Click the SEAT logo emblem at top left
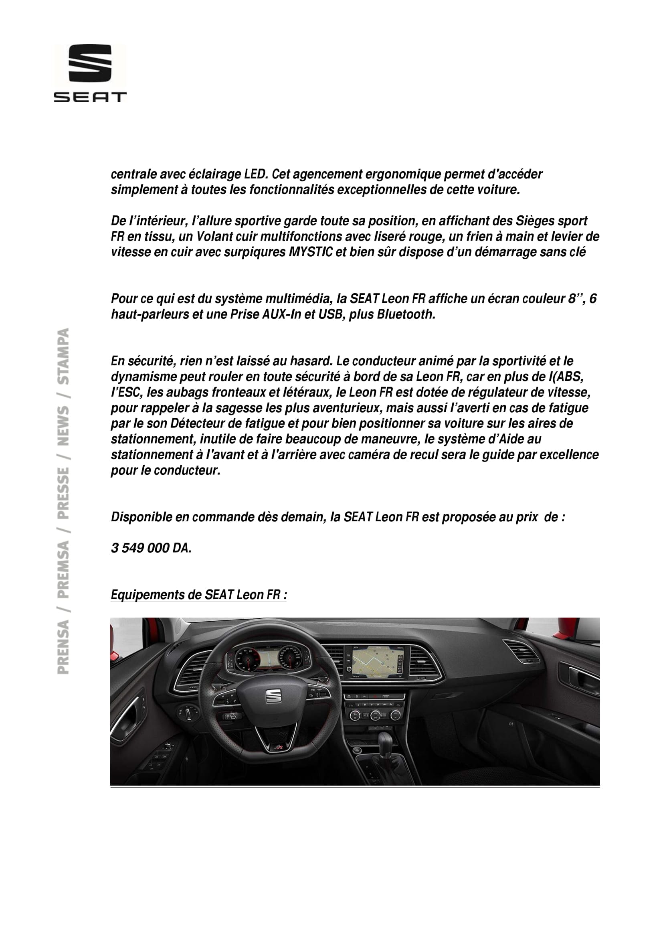[x=90, y=63]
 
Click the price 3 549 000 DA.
[x=151, y=548]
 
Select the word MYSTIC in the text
[x=310, y=252]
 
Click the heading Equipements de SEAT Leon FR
[x=198, y=595]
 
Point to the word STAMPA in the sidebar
[x=63, y=356]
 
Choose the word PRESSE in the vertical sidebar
[x=63, y=493]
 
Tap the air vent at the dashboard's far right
[x=521, y=650]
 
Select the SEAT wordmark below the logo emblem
[x=90, y=97]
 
